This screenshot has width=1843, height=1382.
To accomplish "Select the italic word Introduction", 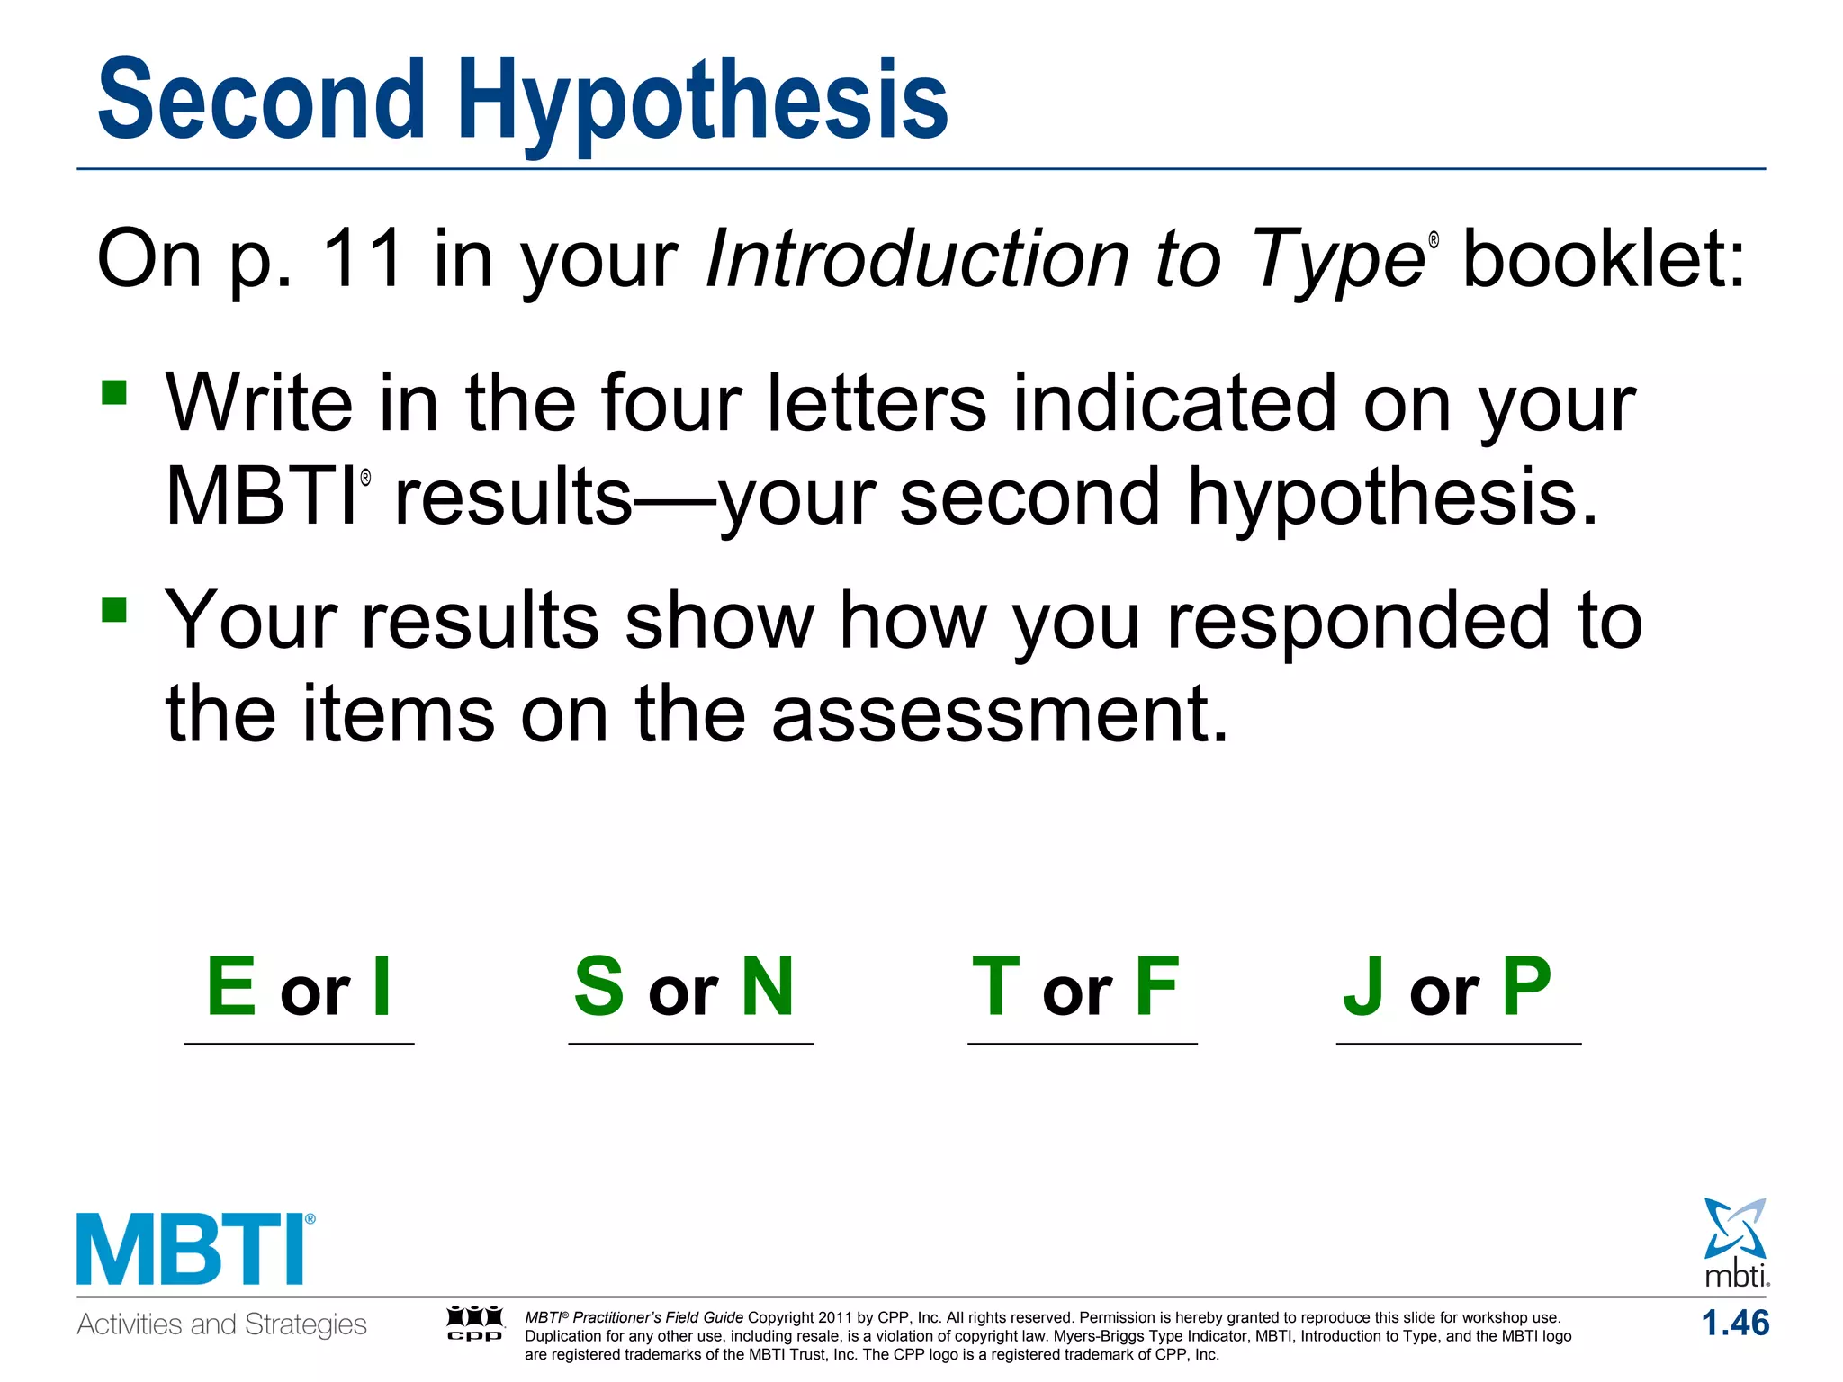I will (x=916, y=259).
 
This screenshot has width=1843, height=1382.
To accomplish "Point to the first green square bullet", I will (x=114, y=392).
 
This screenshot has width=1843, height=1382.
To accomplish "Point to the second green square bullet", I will (x=114, y=610).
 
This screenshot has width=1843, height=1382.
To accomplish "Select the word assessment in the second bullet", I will (x=999, y=714).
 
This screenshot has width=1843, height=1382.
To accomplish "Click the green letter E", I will (x=231, y=987).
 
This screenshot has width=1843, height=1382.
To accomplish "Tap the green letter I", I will (x=382, y=987).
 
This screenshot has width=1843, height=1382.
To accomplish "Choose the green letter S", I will (x=599, y=987).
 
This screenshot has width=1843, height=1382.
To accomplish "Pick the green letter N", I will (x=768, y=987).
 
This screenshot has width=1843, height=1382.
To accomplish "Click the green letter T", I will (x=995, y=987).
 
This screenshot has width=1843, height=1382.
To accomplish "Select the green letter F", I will (x=1156, y=987).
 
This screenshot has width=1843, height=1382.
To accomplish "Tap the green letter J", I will (x=1362, y=987).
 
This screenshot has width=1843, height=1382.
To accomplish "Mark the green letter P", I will (x=1527, y=987).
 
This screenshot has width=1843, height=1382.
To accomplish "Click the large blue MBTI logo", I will (x=194, y=1250).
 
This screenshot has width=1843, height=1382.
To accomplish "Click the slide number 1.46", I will (x=1734, y=1324).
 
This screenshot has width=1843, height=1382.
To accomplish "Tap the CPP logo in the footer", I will (x=475, y=1324).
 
